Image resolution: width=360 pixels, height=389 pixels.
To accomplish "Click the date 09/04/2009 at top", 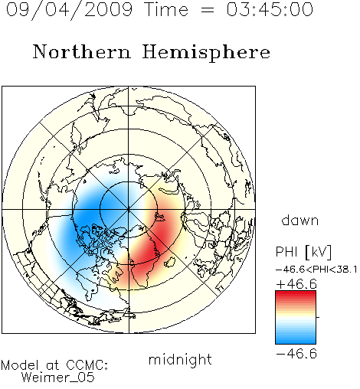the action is (x=69, y=10).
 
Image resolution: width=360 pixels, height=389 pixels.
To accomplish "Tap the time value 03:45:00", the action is (x=270, y=10).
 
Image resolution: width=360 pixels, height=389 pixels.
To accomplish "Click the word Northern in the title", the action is (x=82, y=51).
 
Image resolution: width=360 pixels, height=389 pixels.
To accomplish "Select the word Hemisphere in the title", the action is (x=206, y=53).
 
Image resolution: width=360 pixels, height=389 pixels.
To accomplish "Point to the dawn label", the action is (x=300, y=221).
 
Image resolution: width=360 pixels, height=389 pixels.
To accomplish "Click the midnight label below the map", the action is (x=180, y=360).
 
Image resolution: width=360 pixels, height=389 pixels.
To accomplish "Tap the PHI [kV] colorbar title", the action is (x=303, y=252).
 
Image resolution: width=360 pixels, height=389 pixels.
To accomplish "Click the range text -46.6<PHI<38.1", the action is (x=316, y=270).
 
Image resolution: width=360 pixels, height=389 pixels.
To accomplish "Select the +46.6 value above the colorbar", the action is (x=296, y=284).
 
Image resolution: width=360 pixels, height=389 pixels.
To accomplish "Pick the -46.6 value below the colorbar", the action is (x=296, y=354).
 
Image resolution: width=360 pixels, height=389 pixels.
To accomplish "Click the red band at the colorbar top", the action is (x=296, y=295).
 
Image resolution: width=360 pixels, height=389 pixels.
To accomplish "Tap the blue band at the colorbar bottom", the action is (x=296, y=339).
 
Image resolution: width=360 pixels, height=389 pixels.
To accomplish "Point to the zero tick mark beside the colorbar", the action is (x=318, y=317).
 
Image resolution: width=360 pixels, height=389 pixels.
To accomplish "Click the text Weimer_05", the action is (x=57, y=378).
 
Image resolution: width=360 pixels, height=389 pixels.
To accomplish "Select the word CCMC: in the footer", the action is (x=87, y=365).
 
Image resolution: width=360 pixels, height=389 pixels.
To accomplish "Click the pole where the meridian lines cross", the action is (x=129, y=210).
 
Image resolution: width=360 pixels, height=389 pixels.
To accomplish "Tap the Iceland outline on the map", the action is (x=170, y=262).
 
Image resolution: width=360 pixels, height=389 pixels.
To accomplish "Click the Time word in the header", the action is (x=166, y=10).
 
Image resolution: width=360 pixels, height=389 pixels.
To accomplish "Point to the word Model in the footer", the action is (x=20, y=365).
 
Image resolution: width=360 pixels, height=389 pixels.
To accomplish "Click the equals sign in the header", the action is (x=208, y=10).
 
